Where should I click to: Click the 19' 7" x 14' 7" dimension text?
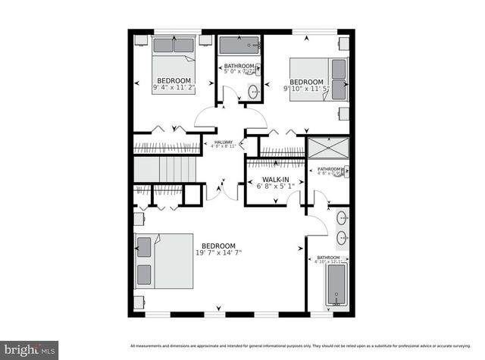point(218,253)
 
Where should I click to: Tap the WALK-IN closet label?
point(274,177)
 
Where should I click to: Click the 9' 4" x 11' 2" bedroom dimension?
point(174,88)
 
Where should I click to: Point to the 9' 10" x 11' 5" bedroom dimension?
point(307,89)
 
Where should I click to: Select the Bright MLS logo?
point(28,349)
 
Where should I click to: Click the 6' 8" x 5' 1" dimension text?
point(274,186)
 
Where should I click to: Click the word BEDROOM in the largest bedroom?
point(218,246)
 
